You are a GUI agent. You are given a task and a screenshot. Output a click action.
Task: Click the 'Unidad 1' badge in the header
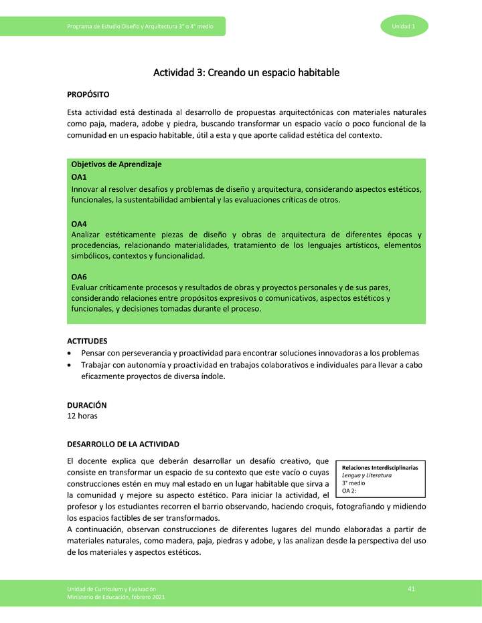pyautogui.click(x=404, y=26)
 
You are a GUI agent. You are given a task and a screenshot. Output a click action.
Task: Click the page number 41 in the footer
pyautogui.click(x=412, y=588)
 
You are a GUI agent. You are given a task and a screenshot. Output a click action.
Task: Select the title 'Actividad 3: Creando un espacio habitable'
pyautogui.click(x=246, y=72)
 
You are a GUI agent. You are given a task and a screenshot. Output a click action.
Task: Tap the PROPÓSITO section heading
pyautogui.click(x=88, y=95)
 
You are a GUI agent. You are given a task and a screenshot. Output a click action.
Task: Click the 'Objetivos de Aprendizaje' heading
pyautogui.click(x=116, y=164)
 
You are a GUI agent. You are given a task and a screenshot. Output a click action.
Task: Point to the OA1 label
pyautogui.click(x=79, y=177)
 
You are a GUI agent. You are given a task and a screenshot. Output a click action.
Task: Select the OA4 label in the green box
pyautogui.click(x=79, y=224)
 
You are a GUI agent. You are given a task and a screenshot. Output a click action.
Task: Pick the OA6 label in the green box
pyautogui.click(x=79, y=276)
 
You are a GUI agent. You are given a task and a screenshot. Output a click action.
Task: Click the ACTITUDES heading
pyautogui.click(x=87, y=341)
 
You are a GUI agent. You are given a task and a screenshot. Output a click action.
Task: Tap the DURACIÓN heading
pyautogui.click(x=87, y=405)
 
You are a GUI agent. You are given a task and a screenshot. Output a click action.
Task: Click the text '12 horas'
pyautogui.click(x=82, y=416)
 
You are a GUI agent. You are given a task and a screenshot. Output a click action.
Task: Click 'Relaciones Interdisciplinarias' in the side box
pyautogui.click(x=380, y=468)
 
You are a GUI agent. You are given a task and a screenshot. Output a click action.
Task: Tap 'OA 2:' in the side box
pyautogui.click(x=349, y=491)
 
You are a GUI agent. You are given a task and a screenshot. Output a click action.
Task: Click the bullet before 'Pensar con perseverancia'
pyautogui.click(x=70, y=353)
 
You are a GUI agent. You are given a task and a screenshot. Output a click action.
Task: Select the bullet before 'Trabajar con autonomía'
pyautogui.click(x=70, y=365)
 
